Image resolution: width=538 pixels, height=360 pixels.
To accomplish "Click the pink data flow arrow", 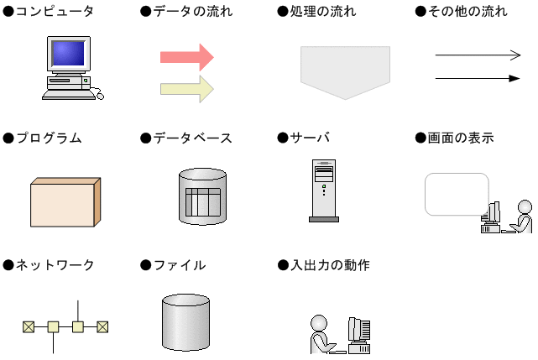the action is tap(187, 57).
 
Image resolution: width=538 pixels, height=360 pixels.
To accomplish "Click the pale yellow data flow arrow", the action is tap(187, 89).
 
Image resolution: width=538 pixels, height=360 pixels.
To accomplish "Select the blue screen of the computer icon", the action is tap(68, 53).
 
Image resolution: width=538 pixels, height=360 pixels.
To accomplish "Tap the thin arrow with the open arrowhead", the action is tap(478, 55).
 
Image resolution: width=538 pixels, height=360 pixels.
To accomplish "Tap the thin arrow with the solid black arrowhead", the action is tap(478, 79).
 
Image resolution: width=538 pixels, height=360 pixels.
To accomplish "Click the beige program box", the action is tap(65, 202).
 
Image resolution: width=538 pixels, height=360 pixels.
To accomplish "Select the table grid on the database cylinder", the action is tap(203, 202).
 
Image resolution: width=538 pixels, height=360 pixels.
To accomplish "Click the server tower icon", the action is tap(324, 190).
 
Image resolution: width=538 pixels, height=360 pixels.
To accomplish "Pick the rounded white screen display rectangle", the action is tap(457, 194).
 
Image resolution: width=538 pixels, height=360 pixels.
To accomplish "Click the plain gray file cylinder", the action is tap(185, 322).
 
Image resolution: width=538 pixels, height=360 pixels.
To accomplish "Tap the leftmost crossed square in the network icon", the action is tap(29, 327).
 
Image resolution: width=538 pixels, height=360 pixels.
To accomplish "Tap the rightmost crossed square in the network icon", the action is tap(102, 327).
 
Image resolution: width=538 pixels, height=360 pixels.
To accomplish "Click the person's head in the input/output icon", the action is tap(319, 323).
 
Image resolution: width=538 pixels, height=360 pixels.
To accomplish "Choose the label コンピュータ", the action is tap(55, 11).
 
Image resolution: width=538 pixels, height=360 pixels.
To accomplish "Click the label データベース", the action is tap(192, 138).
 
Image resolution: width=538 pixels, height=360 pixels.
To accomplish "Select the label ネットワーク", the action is tap(55, 265).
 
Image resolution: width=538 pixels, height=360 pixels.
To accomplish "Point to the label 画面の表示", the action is tap(461, 138).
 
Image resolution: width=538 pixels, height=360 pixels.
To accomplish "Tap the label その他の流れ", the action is tap(467, 11).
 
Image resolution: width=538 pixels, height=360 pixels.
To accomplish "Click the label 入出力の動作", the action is tap(330, 265).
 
